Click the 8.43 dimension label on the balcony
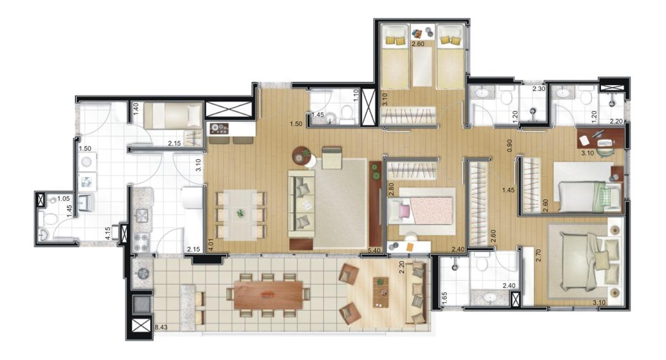tap(161, 327)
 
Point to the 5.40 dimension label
tap(374, 250)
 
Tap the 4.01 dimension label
tap(210, 245)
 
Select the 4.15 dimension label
tap(108, 234)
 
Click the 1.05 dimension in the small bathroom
tap(63, 198)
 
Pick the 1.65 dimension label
tap(445, 298)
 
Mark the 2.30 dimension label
tap(538, 89)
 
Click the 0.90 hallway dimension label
tap(509, 146)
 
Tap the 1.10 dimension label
tap(356, 96)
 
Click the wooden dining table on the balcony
tap(268, 295)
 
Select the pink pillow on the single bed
tap(404, 210)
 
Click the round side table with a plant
tap(302, 155)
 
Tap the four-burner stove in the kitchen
tap(142, 242)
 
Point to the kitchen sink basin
tap(142, 216)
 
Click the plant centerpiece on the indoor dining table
tap(240, 213)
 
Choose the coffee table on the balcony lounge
tap(381, 292)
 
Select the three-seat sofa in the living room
tap(301, 204)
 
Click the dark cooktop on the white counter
tap(219, 128)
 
